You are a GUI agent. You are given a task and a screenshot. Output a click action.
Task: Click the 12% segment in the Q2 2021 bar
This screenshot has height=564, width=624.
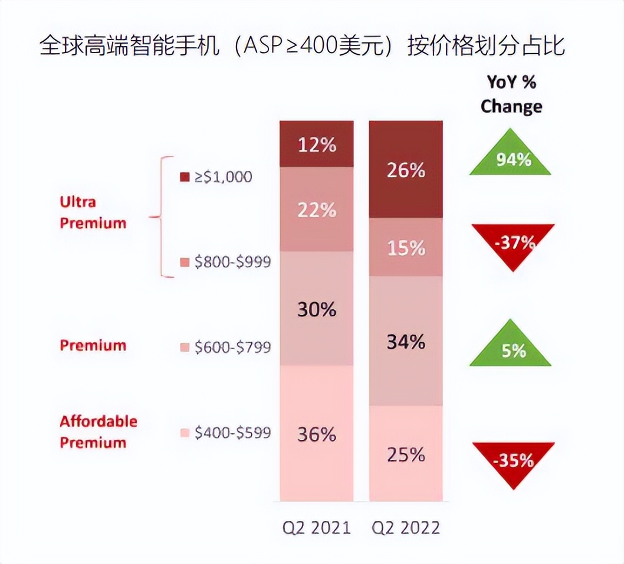pyautogui.click(x=317, y=145)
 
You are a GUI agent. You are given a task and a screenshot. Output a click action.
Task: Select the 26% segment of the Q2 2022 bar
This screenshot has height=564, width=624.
pyautogui.click(x=405, y=170)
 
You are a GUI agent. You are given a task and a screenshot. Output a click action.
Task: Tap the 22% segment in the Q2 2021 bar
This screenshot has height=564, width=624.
pyautogui.click(x=317, y=209)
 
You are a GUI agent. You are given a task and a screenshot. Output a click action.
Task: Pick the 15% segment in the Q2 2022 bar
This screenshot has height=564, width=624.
pyautogui.click(x=406, y=248)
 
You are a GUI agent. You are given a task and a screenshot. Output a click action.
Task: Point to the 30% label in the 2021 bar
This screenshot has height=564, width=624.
pyautogui.click(x=317, y=309)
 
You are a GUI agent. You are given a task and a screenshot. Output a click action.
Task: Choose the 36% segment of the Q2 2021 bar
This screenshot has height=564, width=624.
pyautogui.click(x=317, y=434)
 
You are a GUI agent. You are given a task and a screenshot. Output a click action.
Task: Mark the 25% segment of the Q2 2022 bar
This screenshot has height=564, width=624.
pyautogui.click(x=406, y=454)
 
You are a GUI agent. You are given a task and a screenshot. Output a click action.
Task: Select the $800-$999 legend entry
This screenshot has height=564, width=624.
pyautogui.click(x=225, y=262)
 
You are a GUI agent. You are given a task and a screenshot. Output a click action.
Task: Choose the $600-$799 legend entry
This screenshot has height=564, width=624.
pyautogui.click(x=225, y=347)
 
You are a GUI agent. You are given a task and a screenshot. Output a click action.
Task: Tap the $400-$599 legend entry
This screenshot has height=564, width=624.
pyautogui.click(x=225, y=432)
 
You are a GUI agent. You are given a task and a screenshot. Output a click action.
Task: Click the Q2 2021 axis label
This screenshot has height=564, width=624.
pyautogui.click(x=317, y=527)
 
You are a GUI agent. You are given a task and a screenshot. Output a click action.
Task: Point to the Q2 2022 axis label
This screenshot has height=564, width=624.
pyautogui.click(x=406, y=527)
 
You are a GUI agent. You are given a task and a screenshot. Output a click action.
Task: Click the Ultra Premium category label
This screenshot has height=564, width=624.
pyautogui.click(x=93, y=212)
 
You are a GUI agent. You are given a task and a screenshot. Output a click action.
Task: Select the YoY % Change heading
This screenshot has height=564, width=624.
pyautogui.click(x=511, y=94)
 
